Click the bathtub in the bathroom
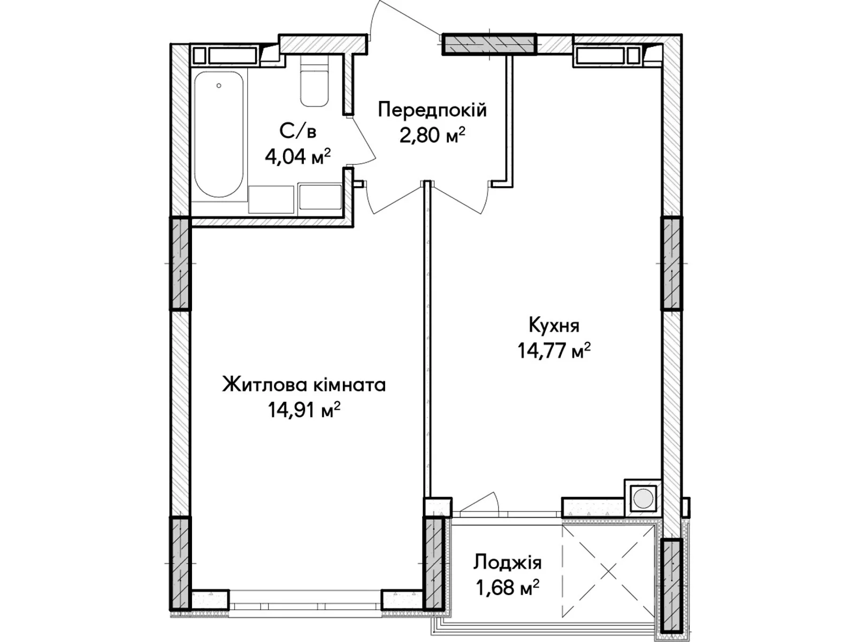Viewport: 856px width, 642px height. pyautogui.click(x=219, y=134)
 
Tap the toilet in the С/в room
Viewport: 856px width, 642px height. pyautogui.click(x=314, y=81)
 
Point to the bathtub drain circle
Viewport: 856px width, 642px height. pyautogui.click(x=219, y=86)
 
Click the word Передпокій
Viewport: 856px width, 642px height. pyautogui.click(x=432, y=110)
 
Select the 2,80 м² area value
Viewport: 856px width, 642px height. pyautogui.click(x=432, y=136)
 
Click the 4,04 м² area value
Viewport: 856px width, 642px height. pyautogui.click(x=297, y=157)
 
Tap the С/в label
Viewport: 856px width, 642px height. pyautogui.click(x=297, y=132)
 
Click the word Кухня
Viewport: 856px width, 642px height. pyautogui.click(x=554, y=325)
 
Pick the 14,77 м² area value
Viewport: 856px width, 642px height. pyautogui.click(x=554, y=350)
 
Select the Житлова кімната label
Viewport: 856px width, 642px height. pyautogui.click(x=304, y=385)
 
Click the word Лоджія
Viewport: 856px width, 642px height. pyautogui.click(x=507, y=563)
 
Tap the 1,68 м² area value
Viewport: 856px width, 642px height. pyautogui.click(x=507, y=587)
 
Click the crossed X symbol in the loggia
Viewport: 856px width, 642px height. pyautogui.click(x=608, y=572)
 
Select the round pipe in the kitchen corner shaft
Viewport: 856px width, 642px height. pyautogui.click(x=643, y=499)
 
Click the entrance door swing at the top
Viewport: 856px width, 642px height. pyautogui.click(x=406, y=18)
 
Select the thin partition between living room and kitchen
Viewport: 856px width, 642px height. pyautogui.click(x=428, y=339)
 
